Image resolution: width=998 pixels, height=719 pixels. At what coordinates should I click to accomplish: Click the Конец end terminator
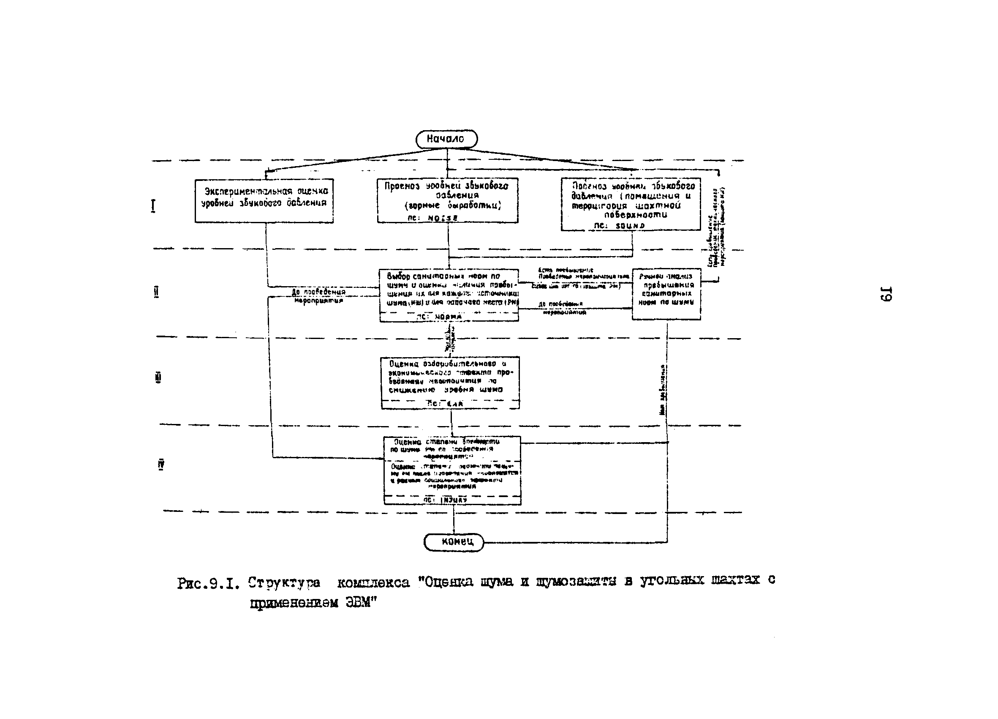454,542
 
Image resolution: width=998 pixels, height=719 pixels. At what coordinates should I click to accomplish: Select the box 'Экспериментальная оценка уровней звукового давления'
264,201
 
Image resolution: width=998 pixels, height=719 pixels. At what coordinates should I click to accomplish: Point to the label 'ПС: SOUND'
619,225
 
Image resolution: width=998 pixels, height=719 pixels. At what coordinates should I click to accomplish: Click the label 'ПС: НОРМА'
439,317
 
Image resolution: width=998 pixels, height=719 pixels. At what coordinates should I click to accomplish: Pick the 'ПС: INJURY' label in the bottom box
445,500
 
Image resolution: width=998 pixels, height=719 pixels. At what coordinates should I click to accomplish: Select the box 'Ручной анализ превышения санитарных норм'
666,294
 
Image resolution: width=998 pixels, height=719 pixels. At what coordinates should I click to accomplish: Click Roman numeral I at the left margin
153,205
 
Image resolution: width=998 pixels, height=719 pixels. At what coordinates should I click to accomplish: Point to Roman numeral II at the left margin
156,292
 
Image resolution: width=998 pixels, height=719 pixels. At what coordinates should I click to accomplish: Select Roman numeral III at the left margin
159,378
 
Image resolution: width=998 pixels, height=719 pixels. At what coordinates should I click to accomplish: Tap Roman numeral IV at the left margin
161,465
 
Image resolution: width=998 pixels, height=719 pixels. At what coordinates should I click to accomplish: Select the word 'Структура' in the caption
284,583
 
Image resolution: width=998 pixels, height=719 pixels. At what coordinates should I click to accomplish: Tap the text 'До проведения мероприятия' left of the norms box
318,296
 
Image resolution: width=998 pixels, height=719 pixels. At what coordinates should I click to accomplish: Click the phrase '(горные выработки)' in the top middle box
453,205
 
